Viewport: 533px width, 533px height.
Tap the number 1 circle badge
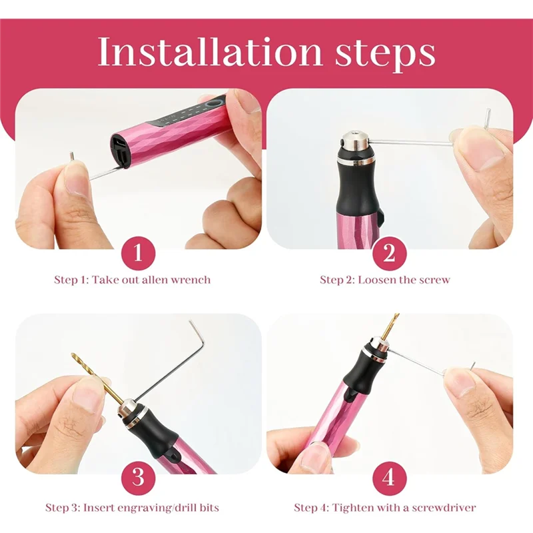coord(139,254)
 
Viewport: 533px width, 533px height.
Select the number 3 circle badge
coord(139,478)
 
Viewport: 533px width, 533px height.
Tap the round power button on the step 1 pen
coord(213,105)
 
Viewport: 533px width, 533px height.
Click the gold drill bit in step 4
coord(388,327)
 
